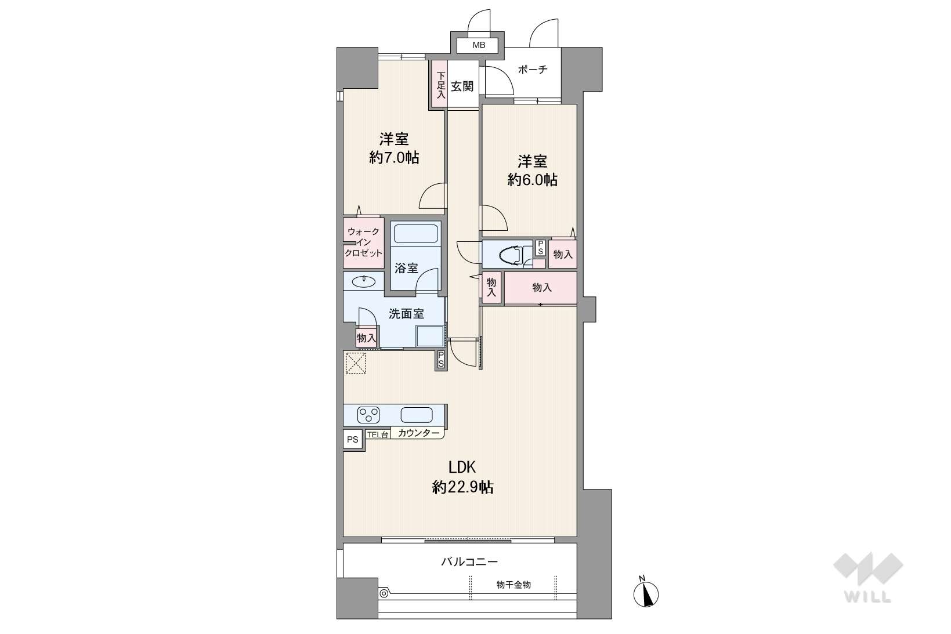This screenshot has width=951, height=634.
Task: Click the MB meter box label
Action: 479,45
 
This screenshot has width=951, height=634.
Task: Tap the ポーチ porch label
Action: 533,69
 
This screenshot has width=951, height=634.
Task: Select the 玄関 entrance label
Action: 462,86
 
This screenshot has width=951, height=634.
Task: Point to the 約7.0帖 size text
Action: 394,158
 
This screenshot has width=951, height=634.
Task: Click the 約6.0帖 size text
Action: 533,180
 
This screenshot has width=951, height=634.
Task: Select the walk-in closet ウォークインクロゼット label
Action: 364,242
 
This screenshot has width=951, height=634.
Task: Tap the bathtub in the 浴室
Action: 415,233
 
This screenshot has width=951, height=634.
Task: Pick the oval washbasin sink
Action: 363,281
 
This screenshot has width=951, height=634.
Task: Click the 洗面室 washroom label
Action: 406,314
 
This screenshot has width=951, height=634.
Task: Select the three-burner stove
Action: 368,415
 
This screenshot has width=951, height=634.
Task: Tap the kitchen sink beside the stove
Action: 417,415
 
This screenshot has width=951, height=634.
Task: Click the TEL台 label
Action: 377,434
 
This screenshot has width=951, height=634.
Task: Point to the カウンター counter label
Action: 418,433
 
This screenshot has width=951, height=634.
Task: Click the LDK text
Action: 462,467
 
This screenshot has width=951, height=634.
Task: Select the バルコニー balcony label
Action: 469,562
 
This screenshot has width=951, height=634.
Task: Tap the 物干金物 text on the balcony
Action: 514,585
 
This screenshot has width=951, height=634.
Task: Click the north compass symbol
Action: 646,593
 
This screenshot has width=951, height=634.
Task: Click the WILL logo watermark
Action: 868,578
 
